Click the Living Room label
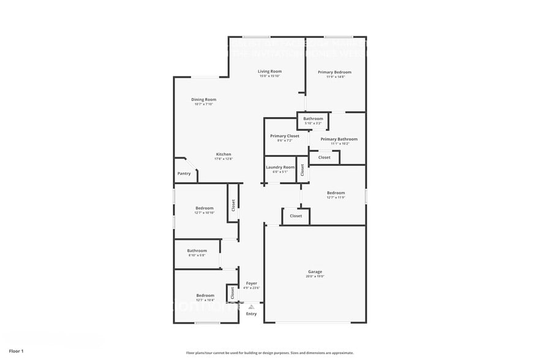click(x=269, y=72)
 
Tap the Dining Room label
click(x=204, y=99)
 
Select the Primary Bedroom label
click(x=335, y=72)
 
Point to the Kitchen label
click(x=223, y=154)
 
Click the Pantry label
click(x=184, y=173)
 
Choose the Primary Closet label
click(x=285, y=136)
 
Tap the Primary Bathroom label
click(x=339, y=139)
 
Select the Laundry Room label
click(x=280, y=167)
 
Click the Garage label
click(x=315, y=272)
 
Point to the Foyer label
click(x=252, y=283)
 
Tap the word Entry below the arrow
click(x=252, y=314)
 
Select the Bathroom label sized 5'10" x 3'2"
click(x=313, y=119)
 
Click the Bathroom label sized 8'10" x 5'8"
click(x=197, y=250)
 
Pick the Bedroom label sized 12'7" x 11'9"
click(x=336, y=193)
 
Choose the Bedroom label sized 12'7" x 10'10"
click(x=204, y=208)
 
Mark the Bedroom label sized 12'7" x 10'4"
click(x=205, y=295)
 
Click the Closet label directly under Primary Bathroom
click(x=324, y=157)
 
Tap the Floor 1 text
click(x=16, y=351)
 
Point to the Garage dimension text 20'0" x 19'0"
click(x=315, y=277)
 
